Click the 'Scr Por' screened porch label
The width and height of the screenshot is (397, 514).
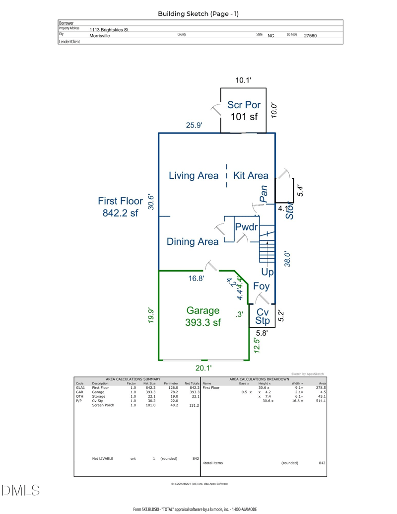(244, 105)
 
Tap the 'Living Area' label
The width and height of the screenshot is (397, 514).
(194, 175)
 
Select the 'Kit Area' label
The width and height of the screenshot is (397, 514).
(251, 175)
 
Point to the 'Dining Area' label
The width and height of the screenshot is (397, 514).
(193, 242)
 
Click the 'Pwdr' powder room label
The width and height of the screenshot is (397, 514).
(247, 227)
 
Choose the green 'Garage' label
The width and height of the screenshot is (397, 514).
(203, 310)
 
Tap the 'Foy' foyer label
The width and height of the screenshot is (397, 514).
(261, 286)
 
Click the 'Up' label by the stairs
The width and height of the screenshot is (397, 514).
(267, 272)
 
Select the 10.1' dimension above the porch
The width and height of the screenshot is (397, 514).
(244, 80)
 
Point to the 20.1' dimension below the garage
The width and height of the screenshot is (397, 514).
(203, 368)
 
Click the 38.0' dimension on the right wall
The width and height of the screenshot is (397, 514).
(286, 259)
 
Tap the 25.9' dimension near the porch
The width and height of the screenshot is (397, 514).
(194, 126)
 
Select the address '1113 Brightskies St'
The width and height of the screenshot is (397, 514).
(109, 30)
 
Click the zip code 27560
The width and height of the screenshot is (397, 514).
(310, 36)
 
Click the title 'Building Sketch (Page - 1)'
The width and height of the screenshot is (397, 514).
(198, 14)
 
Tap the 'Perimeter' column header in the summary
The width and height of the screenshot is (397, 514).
(171, 383)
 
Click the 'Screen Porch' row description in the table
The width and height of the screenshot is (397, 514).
(103, 405)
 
